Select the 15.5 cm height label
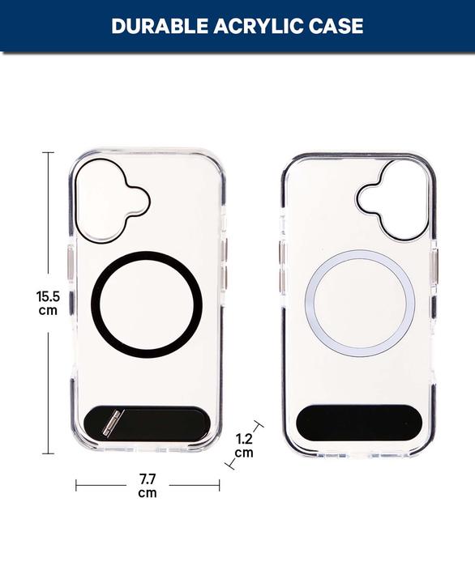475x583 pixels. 49,302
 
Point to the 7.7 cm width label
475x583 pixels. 148,486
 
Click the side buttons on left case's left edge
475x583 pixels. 69,267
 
